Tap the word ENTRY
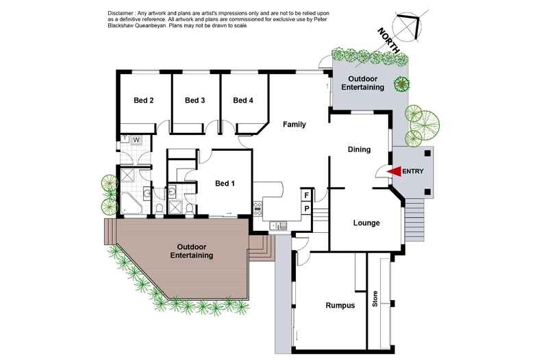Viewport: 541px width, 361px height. pyautogui.click(x=414, y=171)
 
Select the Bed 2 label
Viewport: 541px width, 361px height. pyautogui.click(x=143, y=101)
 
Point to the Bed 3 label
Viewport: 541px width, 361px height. pyautogui.click(x=195, y=101)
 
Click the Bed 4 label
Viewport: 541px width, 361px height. pyautogui.click(x=243, y=101)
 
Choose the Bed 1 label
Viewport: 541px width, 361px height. pyautogui.click(x=225, y=184)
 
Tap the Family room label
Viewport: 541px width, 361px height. pyautogui.click(x=294, y=125)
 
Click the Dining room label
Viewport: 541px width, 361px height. pyautogui.click(x=359, y=149)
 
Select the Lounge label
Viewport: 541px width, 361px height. pyautogui.click(x=366, y=223)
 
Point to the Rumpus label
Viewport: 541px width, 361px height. pyautogui.click(x=340, y=306)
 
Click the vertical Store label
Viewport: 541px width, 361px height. pyautogui.click(x=375, y=299)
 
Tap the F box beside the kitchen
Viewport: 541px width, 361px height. pyautogui.click(x=307, y=195)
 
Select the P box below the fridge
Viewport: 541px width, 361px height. pyautogui.click(x=307, y=208)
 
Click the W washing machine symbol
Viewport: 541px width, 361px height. pyautogui.click(x=136, y=140)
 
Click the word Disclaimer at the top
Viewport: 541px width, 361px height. pyautogui.click(x=123, y=14)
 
